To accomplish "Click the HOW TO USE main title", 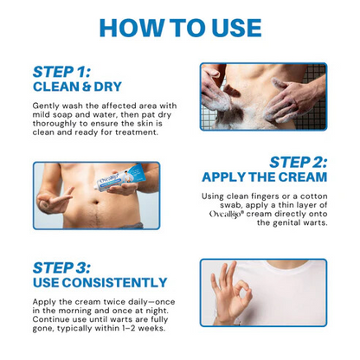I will point(180,27).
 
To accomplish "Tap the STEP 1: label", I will point(61,72).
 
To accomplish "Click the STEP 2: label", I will point(298,162).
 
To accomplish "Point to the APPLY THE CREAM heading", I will point(265,177).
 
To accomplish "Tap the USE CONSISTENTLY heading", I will point(100,282).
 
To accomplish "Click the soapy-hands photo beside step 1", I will point(263,95).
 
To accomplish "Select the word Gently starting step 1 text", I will point(48,105).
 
